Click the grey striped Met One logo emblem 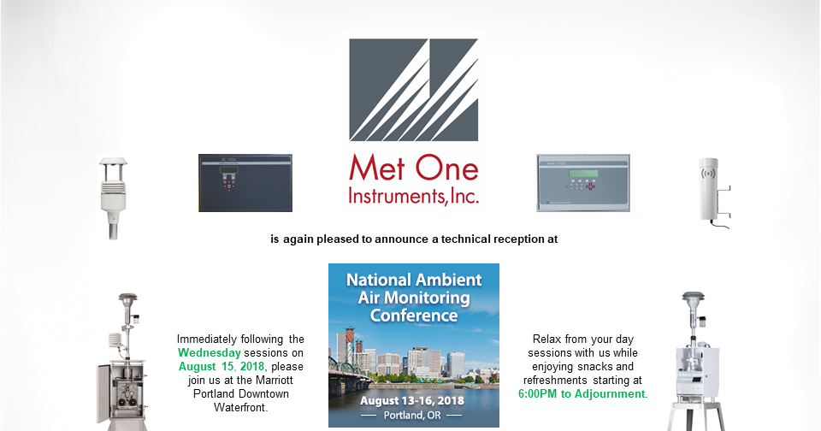tap(414, 90)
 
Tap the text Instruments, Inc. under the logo tap(414, 196)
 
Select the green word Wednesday tap(210, 352)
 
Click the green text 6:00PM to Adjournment tap(582, 394)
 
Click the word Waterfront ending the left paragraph tap(240, 407)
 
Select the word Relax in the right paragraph tap(547, 339)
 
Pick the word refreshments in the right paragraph tap(558, 381)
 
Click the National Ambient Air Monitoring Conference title tap(414, 298)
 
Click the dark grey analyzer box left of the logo tap(245, 182)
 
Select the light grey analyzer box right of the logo tap(582, 182)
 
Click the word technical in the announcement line tap(468, 239)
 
